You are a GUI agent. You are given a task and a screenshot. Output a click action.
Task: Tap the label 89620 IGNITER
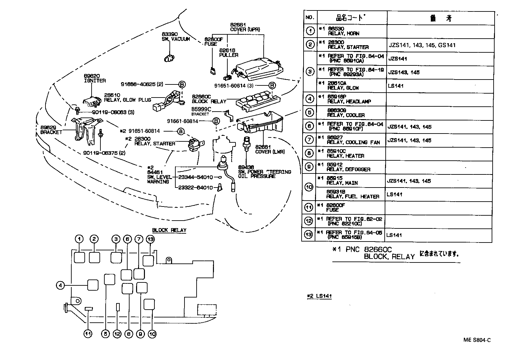pyautogui.click(x=95, y=78)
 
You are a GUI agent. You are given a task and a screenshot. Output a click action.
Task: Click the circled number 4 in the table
pyautogui.click(x=309, y=99)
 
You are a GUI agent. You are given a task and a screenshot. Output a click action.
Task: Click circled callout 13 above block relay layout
pyautogui.click(x=150, y=239)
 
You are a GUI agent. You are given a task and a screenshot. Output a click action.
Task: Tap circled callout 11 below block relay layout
pyautogui.click(x=88, y=334)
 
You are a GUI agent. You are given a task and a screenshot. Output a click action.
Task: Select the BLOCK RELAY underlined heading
pyautogui.click(x=169, y=230)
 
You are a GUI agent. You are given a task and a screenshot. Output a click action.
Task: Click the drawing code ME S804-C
pyautogui.click(x=477, y=340)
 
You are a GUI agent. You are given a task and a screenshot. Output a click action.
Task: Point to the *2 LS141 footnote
pyautogui.click(x=320, y=296)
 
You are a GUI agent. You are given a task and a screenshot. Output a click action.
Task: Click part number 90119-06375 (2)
pyautogui.click(x=104, y=153)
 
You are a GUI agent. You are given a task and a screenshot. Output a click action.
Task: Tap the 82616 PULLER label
pyautogui.click(x=228, y=53)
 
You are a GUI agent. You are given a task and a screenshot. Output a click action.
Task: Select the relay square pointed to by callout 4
pyautogui.click(x=93, y=285)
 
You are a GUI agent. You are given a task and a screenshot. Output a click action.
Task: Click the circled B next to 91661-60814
pyautogui.click(x=216, y=121)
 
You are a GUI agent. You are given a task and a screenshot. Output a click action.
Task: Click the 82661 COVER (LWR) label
pyautogui.click(x=270, y=149)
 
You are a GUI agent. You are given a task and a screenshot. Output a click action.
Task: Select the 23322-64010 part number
pyautogui.click(x=196, y=188)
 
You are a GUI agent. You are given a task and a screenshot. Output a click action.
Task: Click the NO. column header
pyautogui.click(x=309, y=17)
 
